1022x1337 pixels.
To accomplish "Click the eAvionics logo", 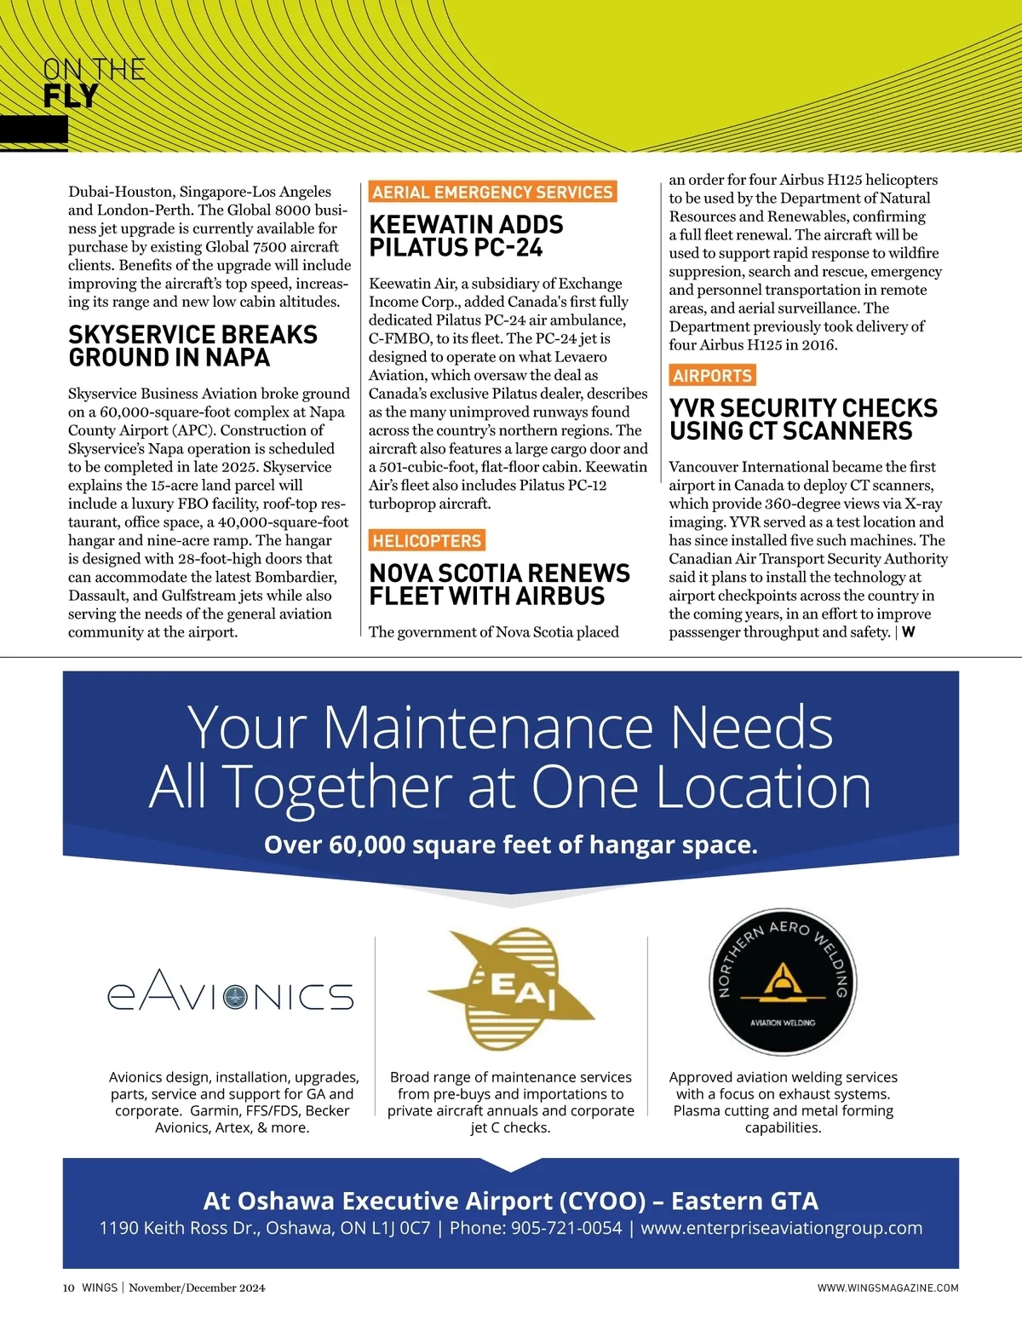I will click(230, 994).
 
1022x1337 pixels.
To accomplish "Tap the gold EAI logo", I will click(510, 989).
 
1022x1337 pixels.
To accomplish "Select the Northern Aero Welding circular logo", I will click(783, 982).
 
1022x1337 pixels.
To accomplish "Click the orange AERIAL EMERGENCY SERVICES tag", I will click(492, 193).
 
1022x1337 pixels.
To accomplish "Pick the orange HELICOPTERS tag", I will click(427, 540).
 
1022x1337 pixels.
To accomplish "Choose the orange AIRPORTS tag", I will click(712, 376).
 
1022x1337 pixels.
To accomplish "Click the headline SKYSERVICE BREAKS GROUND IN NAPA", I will click(192, 346).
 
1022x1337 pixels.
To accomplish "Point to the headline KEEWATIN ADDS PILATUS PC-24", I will click(466, 236).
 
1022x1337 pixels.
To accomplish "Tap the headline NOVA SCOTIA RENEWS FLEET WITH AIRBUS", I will click(499, 585).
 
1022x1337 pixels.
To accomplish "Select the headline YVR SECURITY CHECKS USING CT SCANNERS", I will click(803, 419).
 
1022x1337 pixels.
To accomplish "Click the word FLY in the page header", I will click(71, 97).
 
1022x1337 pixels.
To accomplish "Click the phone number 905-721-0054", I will click(566, 1228).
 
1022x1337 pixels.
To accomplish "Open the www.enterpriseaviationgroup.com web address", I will click(781, 1228).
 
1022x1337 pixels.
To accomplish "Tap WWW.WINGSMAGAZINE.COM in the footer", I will click(887, 1288).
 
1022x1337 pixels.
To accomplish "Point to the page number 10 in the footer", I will click(69, 1288).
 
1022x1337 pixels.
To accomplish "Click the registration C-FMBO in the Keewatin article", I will click(399, 338).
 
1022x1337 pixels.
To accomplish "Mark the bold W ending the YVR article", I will click(909, 632).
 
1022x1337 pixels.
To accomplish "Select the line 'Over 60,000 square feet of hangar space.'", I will click(510, 844).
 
